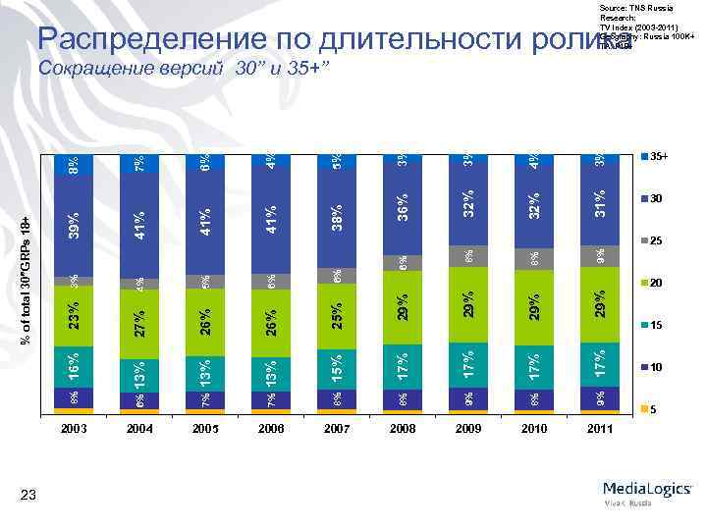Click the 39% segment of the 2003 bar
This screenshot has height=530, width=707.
click(74, 225)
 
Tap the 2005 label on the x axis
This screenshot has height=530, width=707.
click(204, 429)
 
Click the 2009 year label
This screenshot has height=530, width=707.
click(467, 429)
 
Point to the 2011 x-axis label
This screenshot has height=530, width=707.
click(599, 429)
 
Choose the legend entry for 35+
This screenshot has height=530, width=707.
click(656, 157)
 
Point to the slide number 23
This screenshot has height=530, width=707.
click(33, 498)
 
